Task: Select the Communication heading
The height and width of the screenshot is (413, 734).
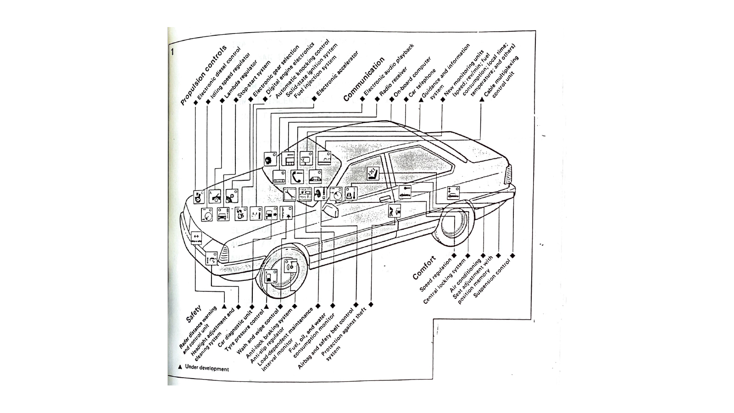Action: click(x=364, y=79)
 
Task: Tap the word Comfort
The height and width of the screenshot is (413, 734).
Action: click(x=424, y=268)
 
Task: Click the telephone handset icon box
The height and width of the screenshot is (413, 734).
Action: click(x=296, y=176)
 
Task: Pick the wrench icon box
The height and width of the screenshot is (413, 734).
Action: click(x=289, y=194)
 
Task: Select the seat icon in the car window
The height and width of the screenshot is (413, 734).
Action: click(x=373, y=173)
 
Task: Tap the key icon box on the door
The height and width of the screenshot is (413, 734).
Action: click(x=405, y=191)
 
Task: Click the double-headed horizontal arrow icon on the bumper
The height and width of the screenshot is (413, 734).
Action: click(x=196, y=237)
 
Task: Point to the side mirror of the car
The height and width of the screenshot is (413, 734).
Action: click(x=331, y=211)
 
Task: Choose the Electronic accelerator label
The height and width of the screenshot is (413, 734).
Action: click(x=337, y=75)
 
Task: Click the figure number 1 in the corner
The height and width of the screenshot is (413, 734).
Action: click(x=172, y=51)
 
